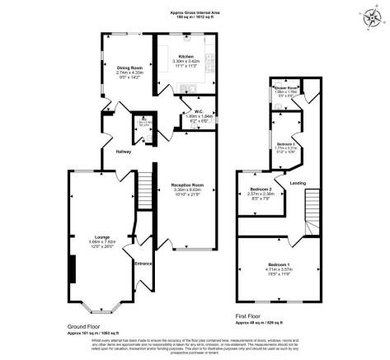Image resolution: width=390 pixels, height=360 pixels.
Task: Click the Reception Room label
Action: [187, 185]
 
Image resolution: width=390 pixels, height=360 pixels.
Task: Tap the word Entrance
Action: [144, 263]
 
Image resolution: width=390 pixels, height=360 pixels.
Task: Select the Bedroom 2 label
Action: [261, 189]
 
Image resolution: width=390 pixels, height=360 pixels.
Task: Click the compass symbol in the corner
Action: [366, 15]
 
